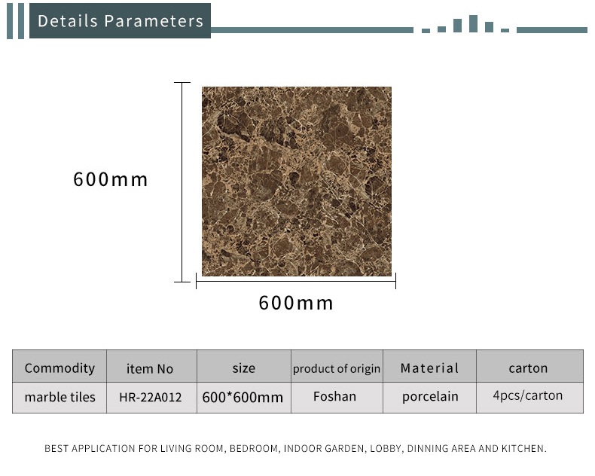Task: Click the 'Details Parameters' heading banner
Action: coord(120,21)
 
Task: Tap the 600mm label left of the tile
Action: coord(111,179)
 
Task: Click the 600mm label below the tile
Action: coord(296,303)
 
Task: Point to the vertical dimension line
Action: coord(182,182)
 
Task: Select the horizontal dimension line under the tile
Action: coord(296,281)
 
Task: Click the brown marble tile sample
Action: coord(297,182)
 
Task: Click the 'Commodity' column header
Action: coord(59,368)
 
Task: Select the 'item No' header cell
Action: coord(150,368)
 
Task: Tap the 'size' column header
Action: coord(243,368)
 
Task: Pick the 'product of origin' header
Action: coord(337,368)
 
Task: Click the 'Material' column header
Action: coord(429,368)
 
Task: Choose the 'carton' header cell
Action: coord(528,368)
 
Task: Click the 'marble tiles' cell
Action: coord(60,397)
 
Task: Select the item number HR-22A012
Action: coord(151,397)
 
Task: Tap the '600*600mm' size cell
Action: coord(243,398)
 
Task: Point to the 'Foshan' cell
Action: coord(334,396)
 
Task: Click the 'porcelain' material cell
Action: coord(430,397)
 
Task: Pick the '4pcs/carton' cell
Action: coord(528,395)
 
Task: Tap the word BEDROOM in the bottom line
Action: coord(254,448)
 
